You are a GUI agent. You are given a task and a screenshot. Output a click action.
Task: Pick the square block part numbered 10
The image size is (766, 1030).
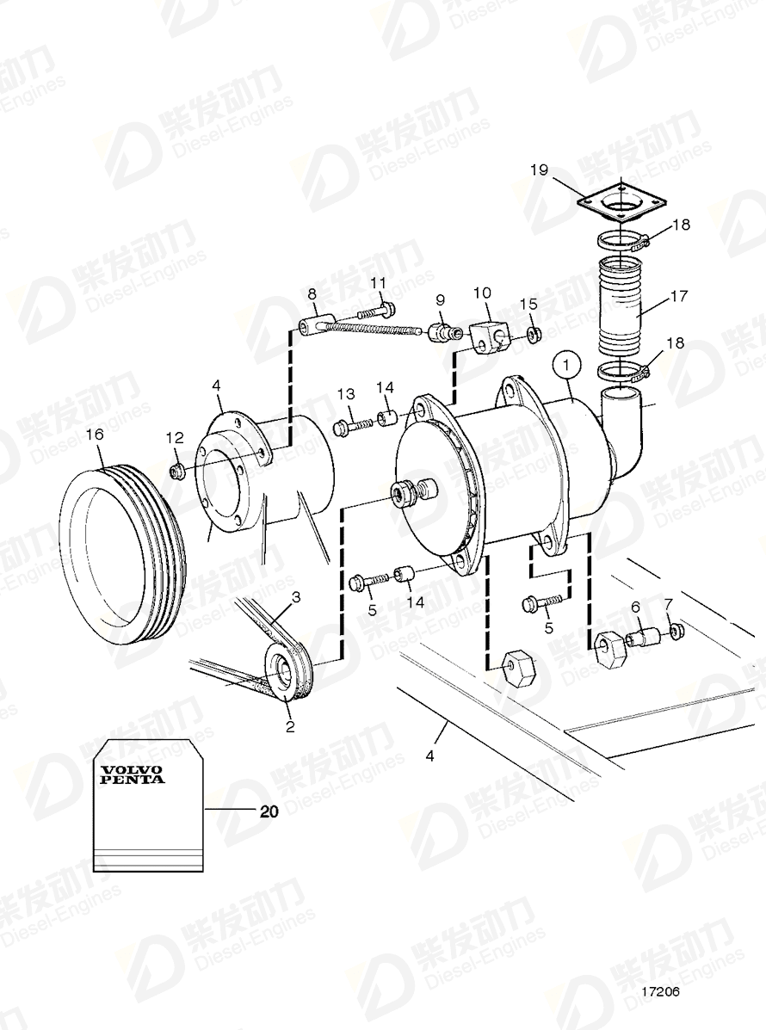coord(489,334)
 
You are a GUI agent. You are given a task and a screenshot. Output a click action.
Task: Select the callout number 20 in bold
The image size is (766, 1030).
coord(269,811)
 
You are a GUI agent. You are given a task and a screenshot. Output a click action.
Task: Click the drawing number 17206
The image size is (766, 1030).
coord(659,991)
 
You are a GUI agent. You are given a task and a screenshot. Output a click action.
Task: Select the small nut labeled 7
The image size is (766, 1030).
coord(675,632)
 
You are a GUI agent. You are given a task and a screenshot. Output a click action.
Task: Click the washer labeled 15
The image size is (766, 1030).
coord(533,334)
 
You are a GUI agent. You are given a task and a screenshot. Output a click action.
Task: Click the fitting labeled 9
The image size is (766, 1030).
coord(440,330)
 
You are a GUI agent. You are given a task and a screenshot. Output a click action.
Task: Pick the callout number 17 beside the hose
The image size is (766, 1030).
coord(678,296)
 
